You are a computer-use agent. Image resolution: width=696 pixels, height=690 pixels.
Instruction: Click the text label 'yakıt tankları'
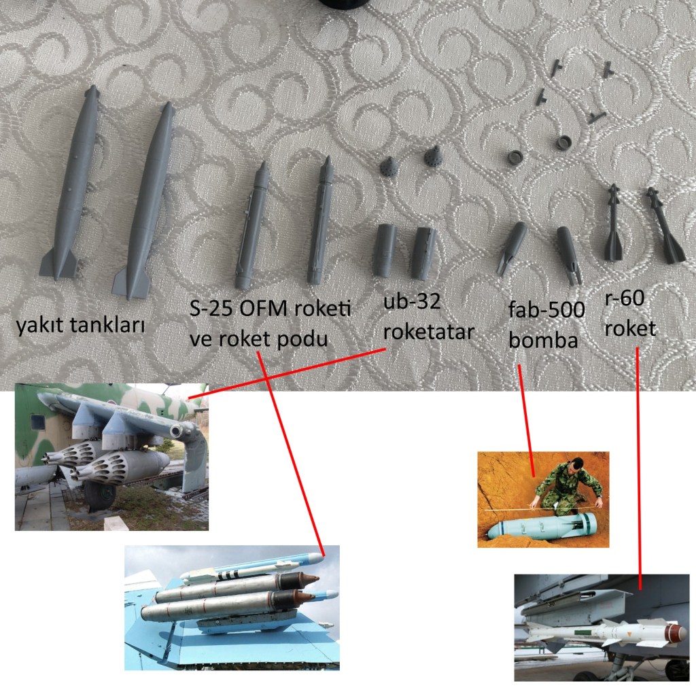tap(80, 326)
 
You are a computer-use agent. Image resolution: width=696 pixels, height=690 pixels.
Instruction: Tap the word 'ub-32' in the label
tap(411, 302)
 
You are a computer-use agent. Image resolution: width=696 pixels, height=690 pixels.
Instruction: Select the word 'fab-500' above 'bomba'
tap(546, 309)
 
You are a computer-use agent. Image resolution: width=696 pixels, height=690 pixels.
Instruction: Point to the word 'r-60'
tap(624, 298)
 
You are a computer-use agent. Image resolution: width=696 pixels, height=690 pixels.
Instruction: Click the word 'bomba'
tap(543, 340)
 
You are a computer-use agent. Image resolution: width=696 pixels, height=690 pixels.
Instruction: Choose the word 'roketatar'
tap(429, 332)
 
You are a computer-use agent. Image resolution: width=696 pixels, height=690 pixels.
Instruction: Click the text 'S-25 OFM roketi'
tap(270, 308)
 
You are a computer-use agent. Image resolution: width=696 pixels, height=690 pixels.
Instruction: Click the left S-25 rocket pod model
tap(252, 226)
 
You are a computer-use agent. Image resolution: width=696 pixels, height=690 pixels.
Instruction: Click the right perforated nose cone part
tap(433, 156)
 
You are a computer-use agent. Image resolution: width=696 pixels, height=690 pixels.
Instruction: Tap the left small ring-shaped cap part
tap(516, 157)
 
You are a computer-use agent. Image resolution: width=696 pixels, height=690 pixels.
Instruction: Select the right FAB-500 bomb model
tap(569, 254)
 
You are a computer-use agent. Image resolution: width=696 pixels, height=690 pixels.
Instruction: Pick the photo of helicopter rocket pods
tap(112, 457)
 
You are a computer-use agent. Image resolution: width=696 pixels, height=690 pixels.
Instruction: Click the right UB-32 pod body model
tap(423, 253)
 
